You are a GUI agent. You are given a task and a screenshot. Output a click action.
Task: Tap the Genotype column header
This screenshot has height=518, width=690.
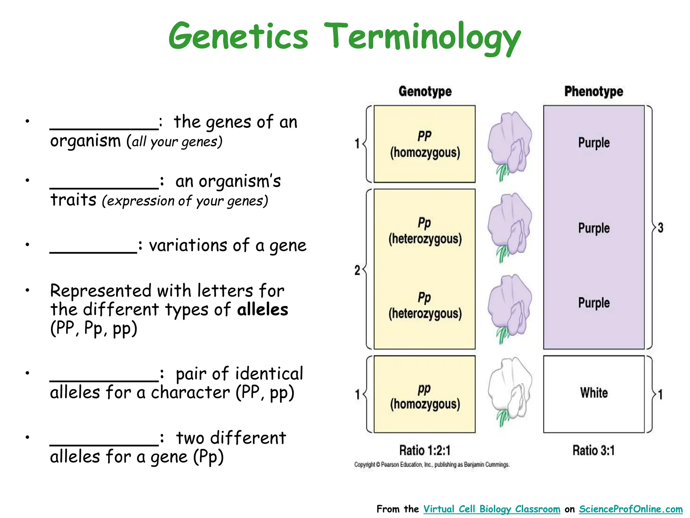[x=425, y=91]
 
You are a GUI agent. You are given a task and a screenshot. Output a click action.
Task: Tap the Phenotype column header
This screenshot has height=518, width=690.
[x=594, y=91]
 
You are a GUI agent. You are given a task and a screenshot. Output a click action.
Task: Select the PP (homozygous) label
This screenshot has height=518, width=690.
[x=425, y=144]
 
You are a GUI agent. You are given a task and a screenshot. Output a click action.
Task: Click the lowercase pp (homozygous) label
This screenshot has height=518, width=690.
[x=425, y=396]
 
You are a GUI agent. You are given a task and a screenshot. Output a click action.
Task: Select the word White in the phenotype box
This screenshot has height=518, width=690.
[x=594, y=393]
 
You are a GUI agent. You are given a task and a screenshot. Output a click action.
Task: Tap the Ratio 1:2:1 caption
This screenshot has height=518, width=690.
[x=425, y=450]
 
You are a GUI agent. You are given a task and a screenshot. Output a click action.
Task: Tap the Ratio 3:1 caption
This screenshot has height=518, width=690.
[x=594, y=450]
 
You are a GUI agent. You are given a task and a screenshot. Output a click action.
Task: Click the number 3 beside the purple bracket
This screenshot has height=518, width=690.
[x=660, y=228]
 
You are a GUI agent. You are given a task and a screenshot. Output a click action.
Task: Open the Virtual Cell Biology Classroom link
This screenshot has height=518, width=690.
[x=492, y=509]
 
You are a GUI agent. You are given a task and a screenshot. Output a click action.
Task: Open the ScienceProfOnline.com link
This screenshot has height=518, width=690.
[x=631, y=509]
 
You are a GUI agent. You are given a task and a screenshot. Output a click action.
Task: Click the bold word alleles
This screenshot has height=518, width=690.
[x=262, y=310]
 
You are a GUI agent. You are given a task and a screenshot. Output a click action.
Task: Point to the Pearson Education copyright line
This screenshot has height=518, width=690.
[x=432, y=465]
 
